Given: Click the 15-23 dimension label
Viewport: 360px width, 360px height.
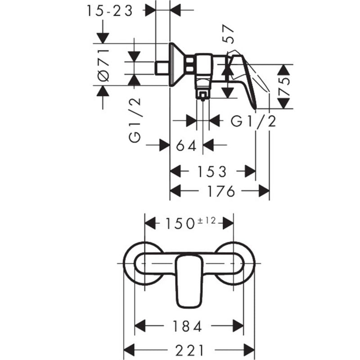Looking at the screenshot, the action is coord(110,11).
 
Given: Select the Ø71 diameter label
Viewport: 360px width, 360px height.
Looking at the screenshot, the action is coord(103,65).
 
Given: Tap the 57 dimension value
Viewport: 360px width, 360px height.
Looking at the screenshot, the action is coord(229,34).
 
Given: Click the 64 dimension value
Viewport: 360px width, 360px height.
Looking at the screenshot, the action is coord(186,145).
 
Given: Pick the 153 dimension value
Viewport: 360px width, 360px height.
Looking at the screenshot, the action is coord(212,172).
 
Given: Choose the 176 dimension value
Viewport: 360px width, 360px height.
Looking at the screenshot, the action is coord(221,191).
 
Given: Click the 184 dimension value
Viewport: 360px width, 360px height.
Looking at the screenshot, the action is coord(187,326).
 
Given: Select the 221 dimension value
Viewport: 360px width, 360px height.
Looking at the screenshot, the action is coord(189,351).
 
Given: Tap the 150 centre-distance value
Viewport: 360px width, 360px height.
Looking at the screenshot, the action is coord(180,223).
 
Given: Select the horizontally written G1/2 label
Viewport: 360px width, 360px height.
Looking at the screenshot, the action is coord(253,121).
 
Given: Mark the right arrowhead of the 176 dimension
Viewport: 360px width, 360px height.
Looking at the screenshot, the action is coord(264,191).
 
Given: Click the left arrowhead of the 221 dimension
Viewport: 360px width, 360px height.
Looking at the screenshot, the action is coord(129,351).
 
